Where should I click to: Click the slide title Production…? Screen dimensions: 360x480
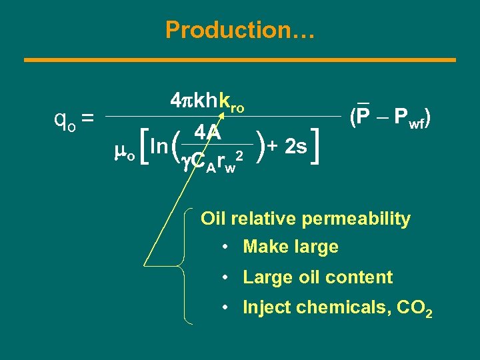240,30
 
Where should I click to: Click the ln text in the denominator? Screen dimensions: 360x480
159,146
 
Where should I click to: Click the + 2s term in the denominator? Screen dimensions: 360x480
289,146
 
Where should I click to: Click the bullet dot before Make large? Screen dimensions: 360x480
227,247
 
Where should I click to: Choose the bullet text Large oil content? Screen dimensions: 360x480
317,277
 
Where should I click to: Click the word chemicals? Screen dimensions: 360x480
339,307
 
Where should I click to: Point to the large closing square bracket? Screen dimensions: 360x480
321,146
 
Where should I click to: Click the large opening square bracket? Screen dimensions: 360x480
141,147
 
